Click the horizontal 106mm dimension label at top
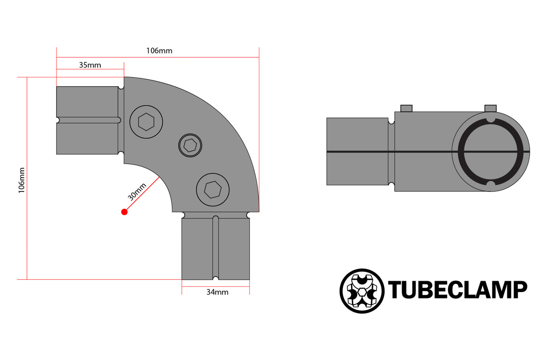(x=159, y=51)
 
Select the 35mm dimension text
(x=90, y=65)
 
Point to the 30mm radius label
(x=137, y=192)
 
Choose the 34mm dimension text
(x=217, y=292)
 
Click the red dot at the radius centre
(x=124, y=211)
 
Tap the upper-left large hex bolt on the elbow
(x=146, y=122)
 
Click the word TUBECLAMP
(x=457, y=290)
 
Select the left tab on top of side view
(x=406, y=108)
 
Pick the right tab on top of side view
(x=490, y=108)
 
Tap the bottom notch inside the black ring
(x=490, y=184)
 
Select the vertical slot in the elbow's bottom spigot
(x=216, y=248)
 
